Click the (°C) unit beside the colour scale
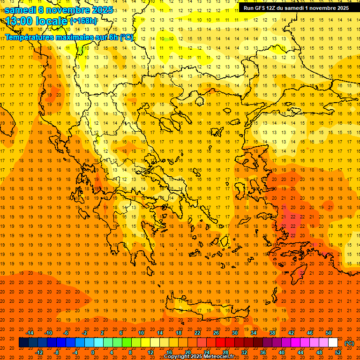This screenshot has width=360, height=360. coord(349,343)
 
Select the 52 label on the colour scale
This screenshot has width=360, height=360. coord(338,352)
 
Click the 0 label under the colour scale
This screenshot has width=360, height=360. coord(93,352)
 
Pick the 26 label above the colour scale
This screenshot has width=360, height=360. coord(216,333)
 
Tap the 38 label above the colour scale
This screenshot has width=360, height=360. coord(272,333)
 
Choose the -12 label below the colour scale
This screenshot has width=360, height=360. coord(39,352)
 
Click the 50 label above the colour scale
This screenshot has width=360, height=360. coord(329,333)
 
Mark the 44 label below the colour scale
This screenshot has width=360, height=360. coord(300,352)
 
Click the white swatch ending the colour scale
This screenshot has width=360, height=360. coord(333,343)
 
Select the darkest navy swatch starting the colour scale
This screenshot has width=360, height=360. coord(23,343)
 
